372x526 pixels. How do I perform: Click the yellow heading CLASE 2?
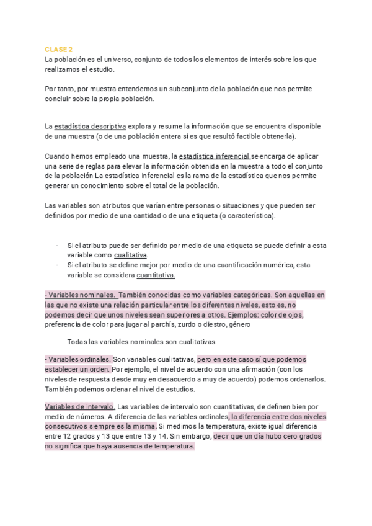[59, 50]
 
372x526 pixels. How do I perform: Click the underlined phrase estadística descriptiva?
[91, 126]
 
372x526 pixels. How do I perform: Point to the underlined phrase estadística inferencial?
[214, 156]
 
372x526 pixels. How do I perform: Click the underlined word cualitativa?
[130, 255]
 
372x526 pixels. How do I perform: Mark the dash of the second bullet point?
[58, 265]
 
